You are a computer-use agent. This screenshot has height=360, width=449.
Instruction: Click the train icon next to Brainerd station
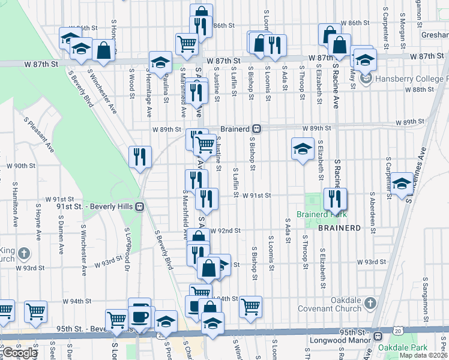(x=256, y=128)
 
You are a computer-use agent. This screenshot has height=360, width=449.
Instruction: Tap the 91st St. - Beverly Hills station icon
(x=139, y=206)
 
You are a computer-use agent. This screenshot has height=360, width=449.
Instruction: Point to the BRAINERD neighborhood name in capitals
(x=339, y=229)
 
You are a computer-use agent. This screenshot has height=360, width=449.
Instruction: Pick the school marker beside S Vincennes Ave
(x=402, y=184)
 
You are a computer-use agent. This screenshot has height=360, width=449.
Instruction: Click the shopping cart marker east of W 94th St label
(x=250, y=306)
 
